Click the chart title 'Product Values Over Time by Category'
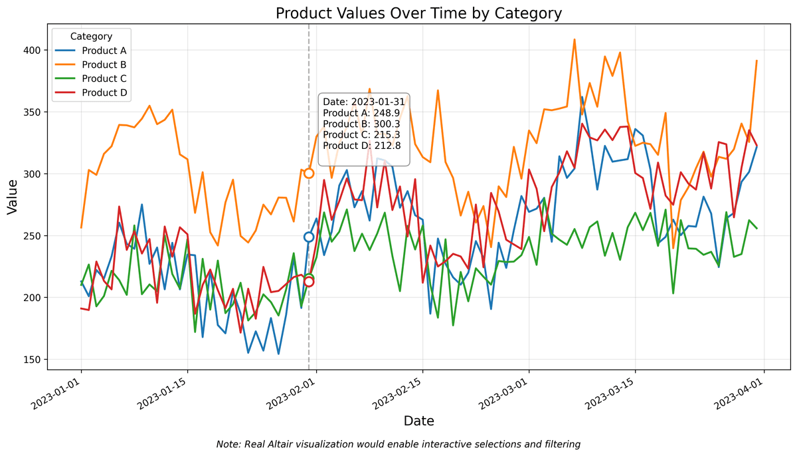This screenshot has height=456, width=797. pos(418,13)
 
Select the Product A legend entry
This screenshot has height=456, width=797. pos(104,51)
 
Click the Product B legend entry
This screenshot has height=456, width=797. pos(104,64)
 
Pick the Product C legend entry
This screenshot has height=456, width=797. pos(104,78)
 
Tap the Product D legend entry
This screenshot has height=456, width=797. pos(104,92)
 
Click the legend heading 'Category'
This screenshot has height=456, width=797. pos(91,37)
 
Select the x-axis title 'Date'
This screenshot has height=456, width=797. pos(418,421)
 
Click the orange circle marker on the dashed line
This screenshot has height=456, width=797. pos(309,173)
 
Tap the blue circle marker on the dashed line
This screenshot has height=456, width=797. pos(309,237)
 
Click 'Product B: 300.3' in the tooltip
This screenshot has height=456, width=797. pos(362,124)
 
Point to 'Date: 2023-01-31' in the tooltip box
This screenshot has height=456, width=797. pos(363,102)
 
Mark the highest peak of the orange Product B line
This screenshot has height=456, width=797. pos(575,39)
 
